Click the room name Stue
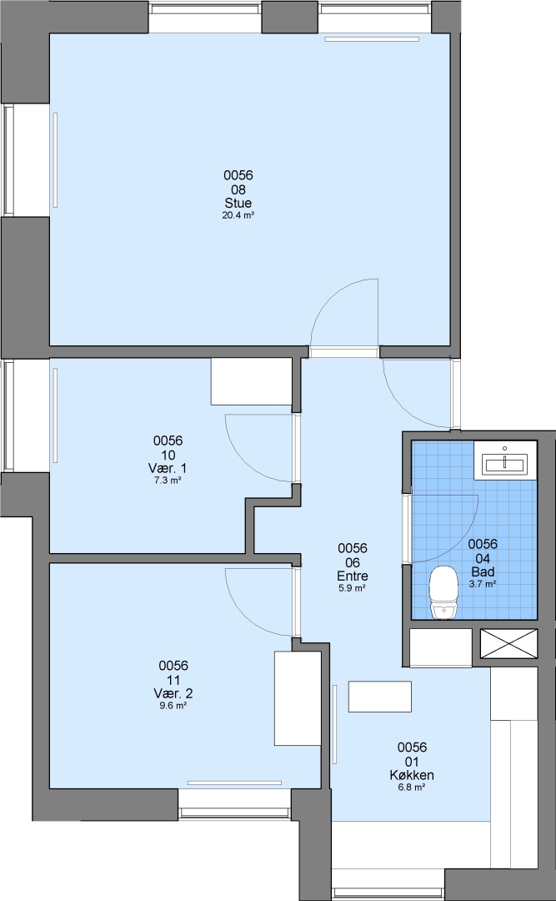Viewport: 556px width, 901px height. [x=238, y=204]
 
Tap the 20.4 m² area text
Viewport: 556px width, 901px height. [x=238, y=216]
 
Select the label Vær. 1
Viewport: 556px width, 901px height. [x=168, y=469]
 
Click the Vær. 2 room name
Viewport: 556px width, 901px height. [x=173, y=693]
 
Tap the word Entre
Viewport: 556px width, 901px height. [x=353, y=576]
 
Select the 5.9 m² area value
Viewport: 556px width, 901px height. [x=353, y=588]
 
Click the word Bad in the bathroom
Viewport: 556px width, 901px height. [x=483, y=571]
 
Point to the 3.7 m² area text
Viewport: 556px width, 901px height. [x=483, y=584]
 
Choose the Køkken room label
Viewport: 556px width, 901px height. [x=412, y=775]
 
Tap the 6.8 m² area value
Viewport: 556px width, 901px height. [x=412, y=788]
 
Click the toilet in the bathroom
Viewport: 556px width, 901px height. [x=443, y=592]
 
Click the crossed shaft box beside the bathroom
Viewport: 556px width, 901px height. [x=508, y=643]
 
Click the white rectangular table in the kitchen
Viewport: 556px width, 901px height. [x=379, y=697]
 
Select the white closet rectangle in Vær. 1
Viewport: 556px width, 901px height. [x=252, y=381]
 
